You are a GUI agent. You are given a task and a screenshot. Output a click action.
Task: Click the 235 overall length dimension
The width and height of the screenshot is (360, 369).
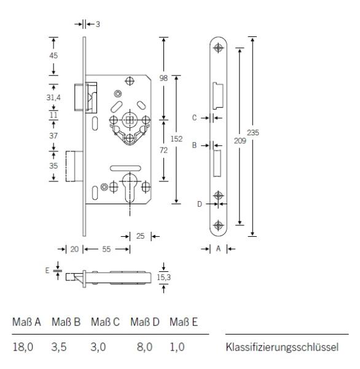pyautogui.click(x=252, y=133)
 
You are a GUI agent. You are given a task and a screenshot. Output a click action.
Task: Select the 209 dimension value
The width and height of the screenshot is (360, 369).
pyautogui.click(x=240, y=141)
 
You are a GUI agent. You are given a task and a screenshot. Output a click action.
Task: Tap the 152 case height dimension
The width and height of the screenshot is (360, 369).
pyautogui.click(x=176, y=139)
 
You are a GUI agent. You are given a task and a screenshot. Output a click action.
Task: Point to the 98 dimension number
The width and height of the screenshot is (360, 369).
pyautogui.click(x=163, y=78)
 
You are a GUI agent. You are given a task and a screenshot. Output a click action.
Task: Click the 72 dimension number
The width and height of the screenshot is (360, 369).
pyautogui.click(x=163, y=150)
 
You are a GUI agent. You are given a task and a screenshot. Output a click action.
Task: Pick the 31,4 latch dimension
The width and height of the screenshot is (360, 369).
pyautogui.click(x=53, y=97)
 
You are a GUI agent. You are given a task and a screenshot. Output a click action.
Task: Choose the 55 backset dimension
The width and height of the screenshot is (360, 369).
pyautogui.click(x=106, y=249)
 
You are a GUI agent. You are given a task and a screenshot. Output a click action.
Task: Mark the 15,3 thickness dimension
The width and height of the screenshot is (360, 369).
pyautogui.click(x=163, y=277)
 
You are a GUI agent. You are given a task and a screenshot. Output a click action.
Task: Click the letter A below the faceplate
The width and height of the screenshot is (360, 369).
pyautogui.click(x=219, y=248)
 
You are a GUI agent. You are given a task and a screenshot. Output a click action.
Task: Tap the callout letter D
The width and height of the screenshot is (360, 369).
pyautogui.click(x=200, y=204)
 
